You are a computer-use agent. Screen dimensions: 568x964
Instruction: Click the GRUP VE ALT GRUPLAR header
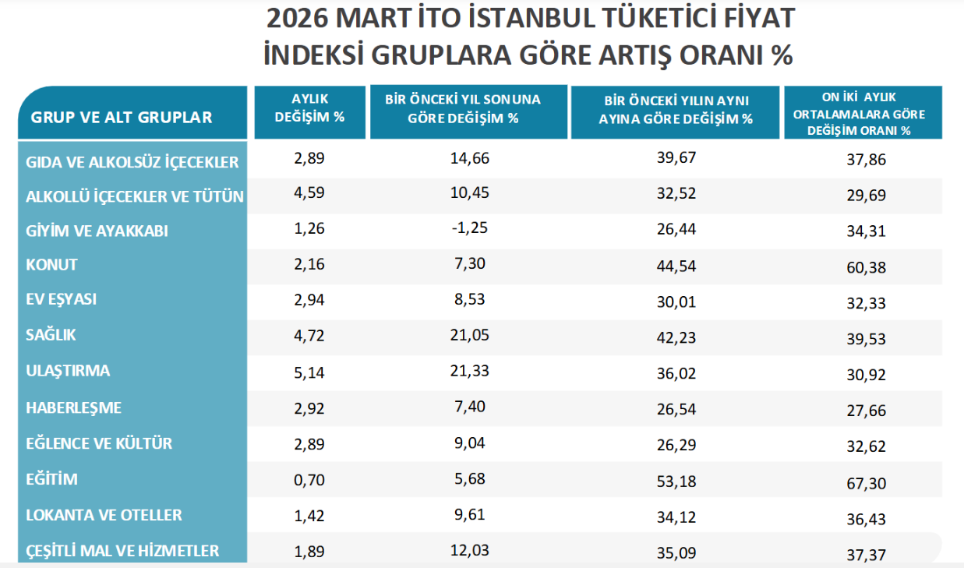pyautogui.click(x=121, y=118)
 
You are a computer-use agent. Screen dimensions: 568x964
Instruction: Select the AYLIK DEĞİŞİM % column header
pyautogui.click(x=309, y=108)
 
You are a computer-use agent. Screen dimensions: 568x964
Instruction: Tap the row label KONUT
pyautogui.click(x=51, y=265)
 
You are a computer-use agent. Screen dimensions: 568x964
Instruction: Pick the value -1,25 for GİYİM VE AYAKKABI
pyautogui.click(x=469, y=229)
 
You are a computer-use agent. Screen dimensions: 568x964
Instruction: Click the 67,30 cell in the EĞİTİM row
pyautogui.click(x=867, y=484)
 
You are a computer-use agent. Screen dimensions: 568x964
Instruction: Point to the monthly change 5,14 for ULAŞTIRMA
pyautogui.click(x=309, y=371)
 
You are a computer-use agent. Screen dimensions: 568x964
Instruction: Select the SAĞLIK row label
pyautogui.click(x=51, y=336)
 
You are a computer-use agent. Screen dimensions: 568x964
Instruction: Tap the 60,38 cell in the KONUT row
pyautogui.click(x=867, y=267)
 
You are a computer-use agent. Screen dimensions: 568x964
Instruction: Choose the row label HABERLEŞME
pyautogui.click(x=73, y=407)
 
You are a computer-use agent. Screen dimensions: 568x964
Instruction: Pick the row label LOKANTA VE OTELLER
pyautogui.click(x=104, y=515)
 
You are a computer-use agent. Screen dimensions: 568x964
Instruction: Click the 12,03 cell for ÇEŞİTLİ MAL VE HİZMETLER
pyautogui.click(x=469, y=550)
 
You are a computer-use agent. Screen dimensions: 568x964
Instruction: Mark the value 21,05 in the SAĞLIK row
pyautogui.click(x=469, y=335)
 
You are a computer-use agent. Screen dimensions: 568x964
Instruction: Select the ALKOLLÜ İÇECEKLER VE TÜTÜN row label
pyautogui.click(x=134, y=196)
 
